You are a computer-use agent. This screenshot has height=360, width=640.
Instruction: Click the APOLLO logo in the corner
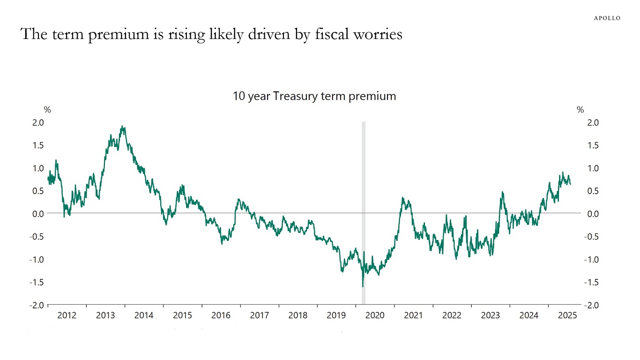[607, 18]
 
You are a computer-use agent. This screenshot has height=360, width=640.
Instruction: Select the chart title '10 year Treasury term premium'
[314, 96]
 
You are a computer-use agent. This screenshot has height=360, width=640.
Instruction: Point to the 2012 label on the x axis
[67, 315]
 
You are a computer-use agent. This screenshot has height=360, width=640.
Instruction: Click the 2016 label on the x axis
[221, 315]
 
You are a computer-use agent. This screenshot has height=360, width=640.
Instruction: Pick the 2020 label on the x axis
[374, 315]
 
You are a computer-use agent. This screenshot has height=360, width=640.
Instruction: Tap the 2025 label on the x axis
[567, 315]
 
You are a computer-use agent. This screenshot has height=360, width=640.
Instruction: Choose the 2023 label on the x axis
[490, 315]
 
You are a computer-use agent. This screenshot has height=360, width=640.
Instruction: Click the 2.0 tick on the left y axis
[38, 122]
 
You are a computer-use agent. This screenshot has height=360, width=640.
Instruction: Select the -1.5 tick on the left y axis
[37, 282]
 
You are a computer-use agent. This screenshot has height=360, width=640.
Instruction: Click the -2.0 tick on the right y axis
[591, 305]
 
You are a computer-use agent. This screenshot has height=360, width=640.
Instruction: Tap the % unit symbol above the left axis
[47, 110]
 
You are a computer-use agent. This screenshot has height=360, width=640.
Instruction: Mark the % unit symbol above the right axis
[580, 110]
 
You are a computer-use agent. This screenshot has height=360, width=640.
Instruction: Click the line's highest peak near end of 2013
[122, 126]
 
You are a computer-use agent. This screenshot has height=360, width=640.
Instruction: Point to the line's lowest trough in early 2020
[363, 286]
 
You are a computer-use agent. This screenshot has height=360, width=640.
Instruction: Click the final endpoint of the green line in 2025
[570, 184]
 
